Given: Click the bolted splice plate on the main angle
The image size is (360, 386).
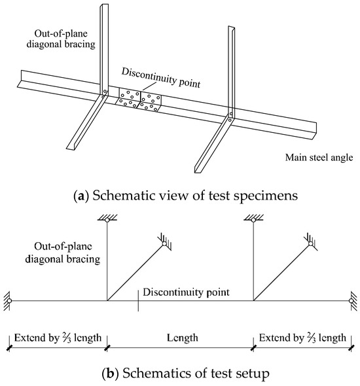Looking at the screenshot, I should tap(139, 101).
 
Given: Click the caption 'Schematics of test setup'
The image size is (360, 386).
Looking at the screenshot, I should tap(180, 374).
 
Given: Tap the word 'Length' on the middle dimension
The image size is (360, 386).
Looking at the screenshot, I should tap(179, 338).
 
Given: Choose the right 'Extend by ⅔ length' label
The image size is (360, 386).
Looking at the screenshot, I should tap(302, 338).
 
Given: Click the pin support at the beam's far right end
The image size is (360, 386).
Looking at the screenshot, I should tap(352, 301).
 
